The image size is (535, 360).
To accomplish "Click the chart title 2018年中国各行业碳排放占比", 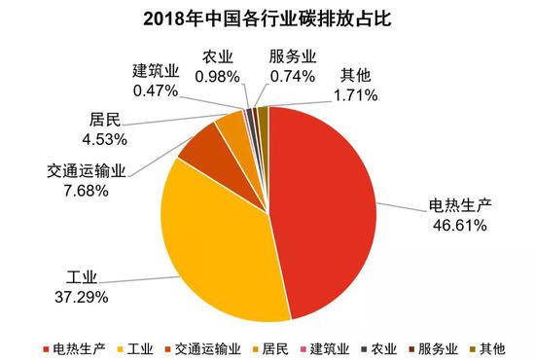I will [267, 18].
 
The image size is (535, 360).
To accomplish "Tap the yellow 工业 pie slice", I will [209, 243].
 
